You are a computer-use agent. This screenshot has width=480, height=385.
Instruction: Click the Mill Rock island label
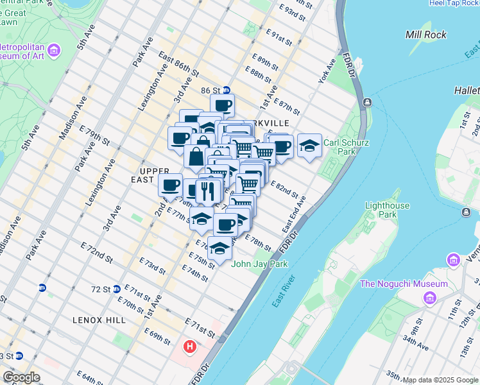(x=427, y=34)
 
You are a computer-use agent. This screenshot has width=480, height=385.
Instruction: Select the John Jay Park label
(x=259, y=264)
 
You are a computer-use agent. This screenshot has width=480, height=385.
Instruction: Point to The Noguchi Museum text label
(x=404, y=284)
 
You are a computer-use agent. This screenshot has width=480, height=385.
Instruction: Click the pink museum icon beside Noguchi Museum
(x=429, y=298)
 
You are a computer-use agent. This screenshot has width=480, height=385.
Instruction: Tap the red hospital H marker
(x=190, y=347)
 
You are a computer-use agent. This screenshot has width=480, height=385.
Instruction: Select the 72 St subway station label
(x=101, y=289)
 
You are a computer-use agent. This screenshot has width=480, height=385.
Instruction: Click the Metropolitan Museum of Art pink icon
(x=54, y=49)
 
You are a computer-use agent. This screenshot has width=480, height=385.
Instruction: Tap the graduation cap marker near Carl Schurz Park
(x=309, y=145)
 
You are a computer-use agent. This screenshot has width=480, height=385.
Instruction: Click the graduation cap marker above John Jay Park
(x=220, y=248)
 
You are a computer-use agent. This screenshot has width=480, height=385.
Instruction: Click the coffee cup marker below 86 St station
(x=223, y=105)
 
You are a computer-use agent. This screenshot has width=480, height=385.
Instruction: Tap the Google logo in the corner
(x=21, y=377)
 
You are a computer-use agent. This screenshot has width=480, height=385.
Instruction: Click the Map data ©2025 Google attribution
(x=440, y=380)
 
